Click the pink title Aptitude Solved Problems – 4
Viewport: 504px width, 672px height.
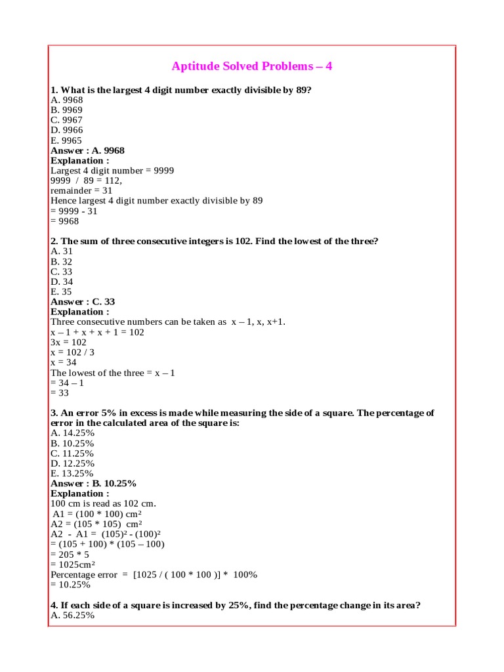click(252, 66)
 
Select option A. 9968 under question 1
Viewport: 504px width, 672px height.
click(67, 100)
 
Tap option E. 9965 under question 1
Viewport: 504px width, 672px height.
click(66, 140)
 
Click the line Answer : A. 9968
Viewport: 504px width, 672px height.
click(87, 150)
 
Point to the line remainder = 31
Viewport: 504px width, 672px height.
click(81, 190)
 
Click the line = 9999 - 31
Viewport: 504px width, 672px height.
click(76, 211)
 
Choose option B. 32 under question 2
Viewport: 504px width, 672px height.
click(62, 261)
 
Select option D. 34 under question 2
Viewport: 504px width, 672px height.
click(62, 282)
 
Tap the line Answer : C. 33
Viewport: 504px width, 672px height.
click(83, 302)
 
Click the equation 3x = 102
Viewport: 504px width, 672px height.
click(69, 342)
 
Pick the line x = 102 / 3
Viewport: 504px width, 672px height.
click(72, 352)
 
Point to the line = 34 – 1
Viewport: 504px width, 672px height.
click(68, 383)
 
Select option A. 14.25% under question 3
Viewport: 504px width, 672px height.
click(72, 433)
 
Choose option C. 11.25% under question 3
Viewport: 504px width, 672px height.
click(72, 453)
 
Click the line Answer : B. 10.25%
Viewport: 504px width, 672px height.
click(93, 483)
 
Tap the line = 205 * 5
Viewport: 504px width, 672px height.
click(70, 554)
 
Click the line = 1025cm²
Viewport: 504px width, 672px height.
click(73, 564)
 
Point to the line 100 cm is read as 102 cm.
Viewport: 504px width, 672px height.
click(104, 503)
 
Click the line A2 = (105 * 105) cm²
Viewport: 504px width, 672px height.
click(96, 524)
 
